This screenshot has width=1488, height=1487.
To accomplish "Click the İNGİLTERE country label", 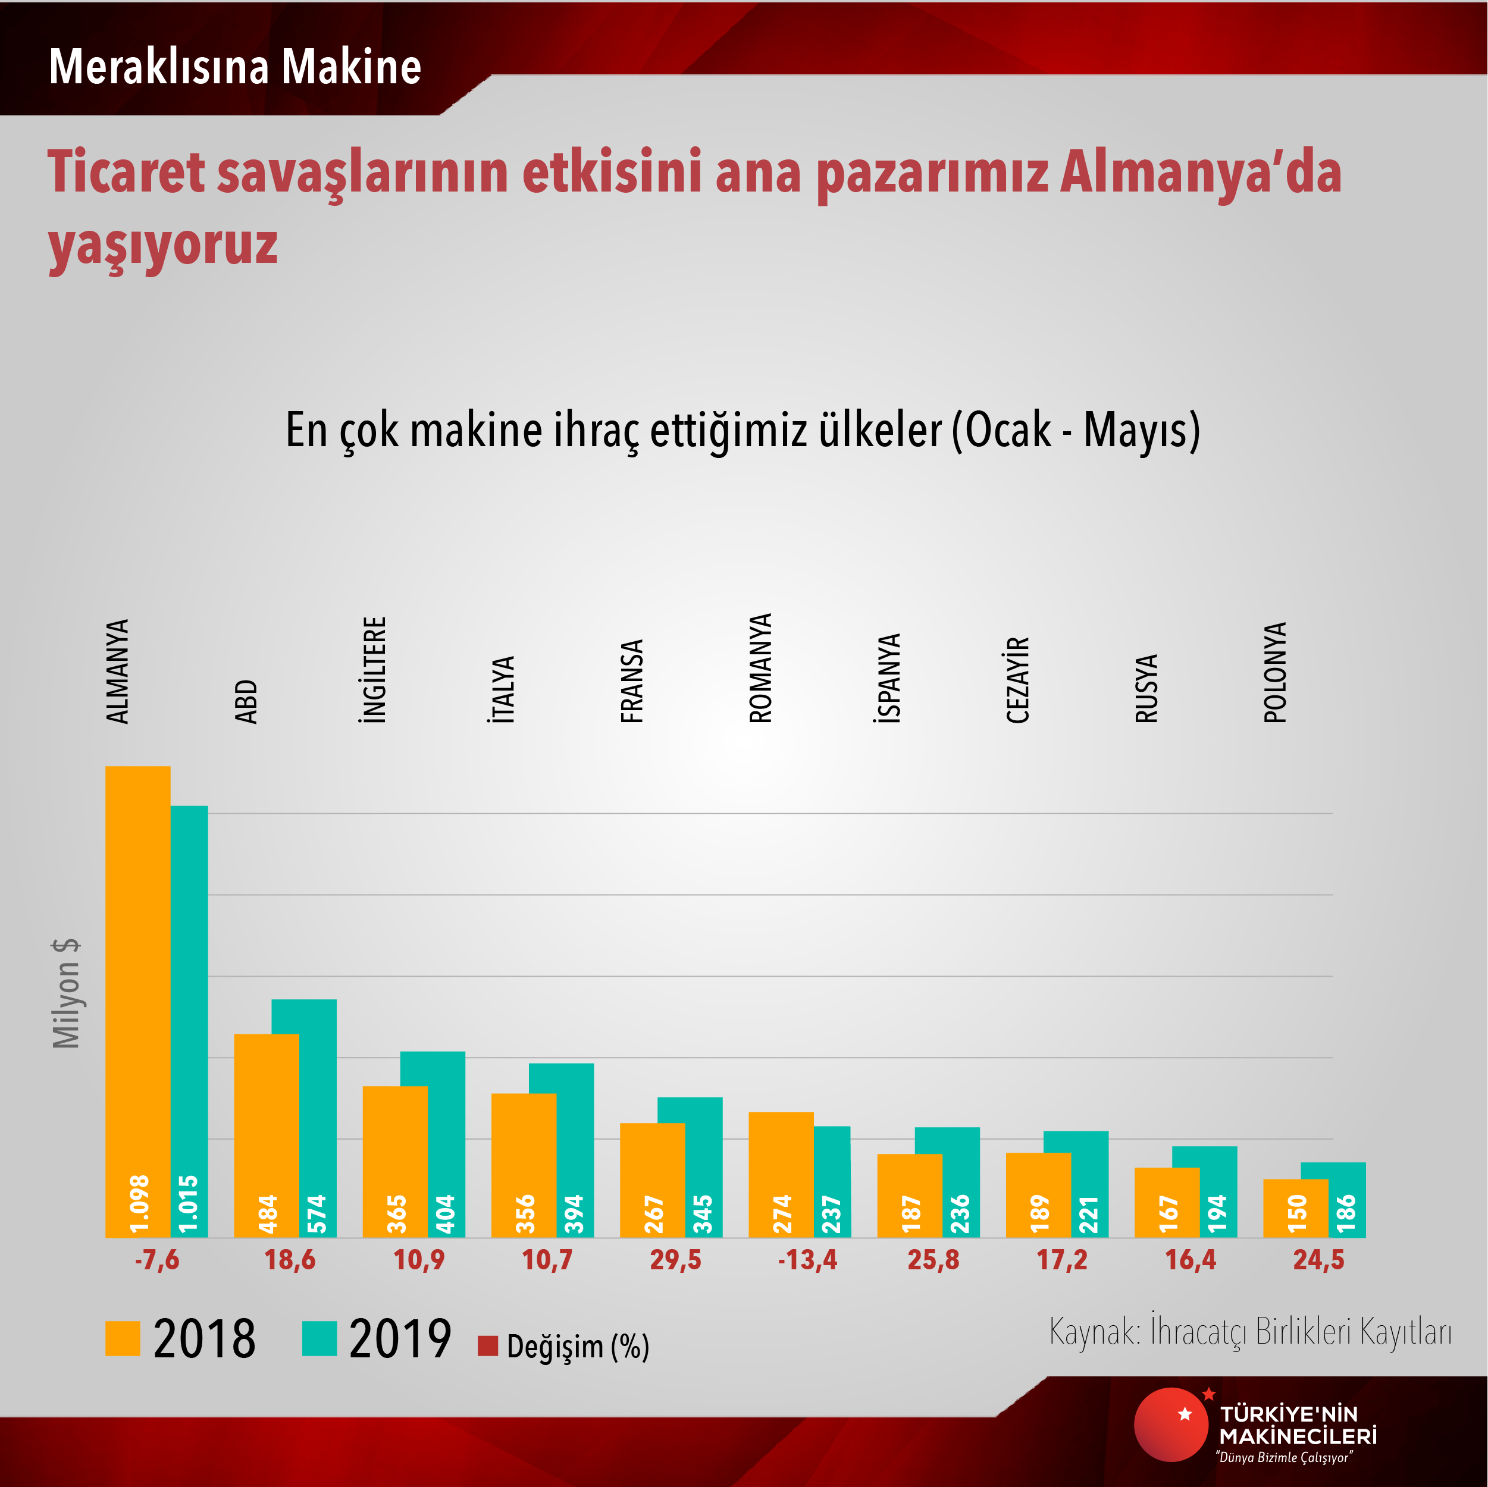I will pos(374,669).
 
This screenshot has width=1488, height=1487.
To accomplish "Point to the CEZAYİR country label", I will pos(1017,680).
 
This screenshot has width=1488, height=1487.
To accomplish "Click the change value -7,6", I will pos(156,1260).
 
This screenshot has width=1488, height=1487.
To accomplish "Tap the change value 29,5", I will pos(675,1260).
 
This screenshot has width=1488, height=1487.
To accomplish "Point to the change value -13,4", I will pos(807,1260).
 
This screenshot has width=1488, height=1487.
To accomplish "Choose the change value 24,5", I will pos(1318,1260).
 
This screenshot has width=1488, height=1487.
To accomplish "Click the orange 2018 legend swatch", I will pos(123,1338).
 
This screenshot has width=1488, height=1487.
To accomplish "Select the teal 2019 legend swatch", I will pos(319,1338).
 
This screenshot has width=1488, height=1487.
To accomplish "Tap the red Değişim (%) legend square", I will pos(487,1346).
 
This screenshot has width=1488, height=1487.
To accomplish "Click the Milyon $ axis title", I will pos(66,993).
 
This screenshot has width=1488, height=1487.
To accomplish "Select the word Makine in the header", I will pos(351,67).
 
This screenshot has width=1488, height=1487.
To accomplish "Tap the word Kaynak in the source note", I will pos(1094,1331).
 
